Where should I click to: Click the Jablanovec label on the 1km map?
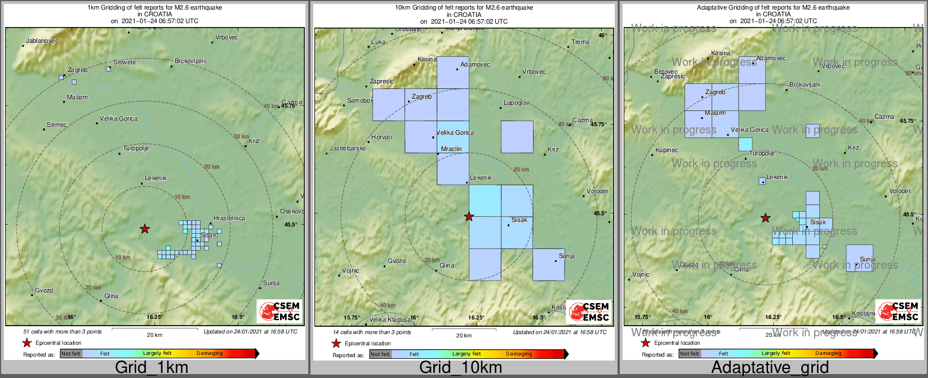pyautogui.click(x=42, y=41)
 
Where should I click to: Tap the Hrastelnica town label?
pyautogui.click(x=229, y=219)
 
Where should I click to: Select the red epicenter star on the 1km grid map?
pyautogui.click(x=145, y=229)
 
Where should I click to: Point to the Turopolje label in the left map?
pyautogui.click(x=136, y=149)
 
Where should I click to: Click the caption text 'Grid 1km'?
pyautogui.click(x=152, y=368)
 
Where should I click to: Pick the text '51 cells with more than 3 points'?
pyautogui.click(x=63, y=332)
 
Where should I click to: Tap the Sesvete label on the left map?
pyautogui.click(x=125, y=62)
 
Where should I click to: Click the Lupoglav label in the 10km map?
pyautogui.click(x=516, y=103)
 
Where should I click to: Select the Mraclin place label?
pyautogui.click(x=451, y=149)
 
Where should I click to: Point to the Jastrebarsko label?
pyautogui.click(x=348, y=149)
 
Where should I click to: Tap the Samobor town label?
pyautogui.click(x=359, y=101)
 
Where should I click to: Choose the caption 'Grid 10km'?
pyautogui.click(x=460, y=368)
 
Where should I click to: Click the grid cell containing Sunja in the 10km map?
pyautogui.click(x=548, y=265)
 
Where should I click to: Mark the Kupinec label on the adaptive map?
pyautogui.click(x=667, y=150)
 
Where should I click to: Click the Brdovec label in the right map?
pyautogui.click(x=666, y=72)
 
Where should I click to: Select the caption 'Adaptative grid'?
pyautogui.click(x=770, y=368)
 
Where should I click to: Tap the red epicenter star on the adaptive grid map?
pyautogui.click(x=765, y=217)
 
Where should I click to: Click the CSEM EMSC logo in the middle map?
pyautogui.click(x=588, y=312)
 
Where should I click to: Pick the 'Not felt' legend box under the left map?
pyautogui.click(x=71, y=354)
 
